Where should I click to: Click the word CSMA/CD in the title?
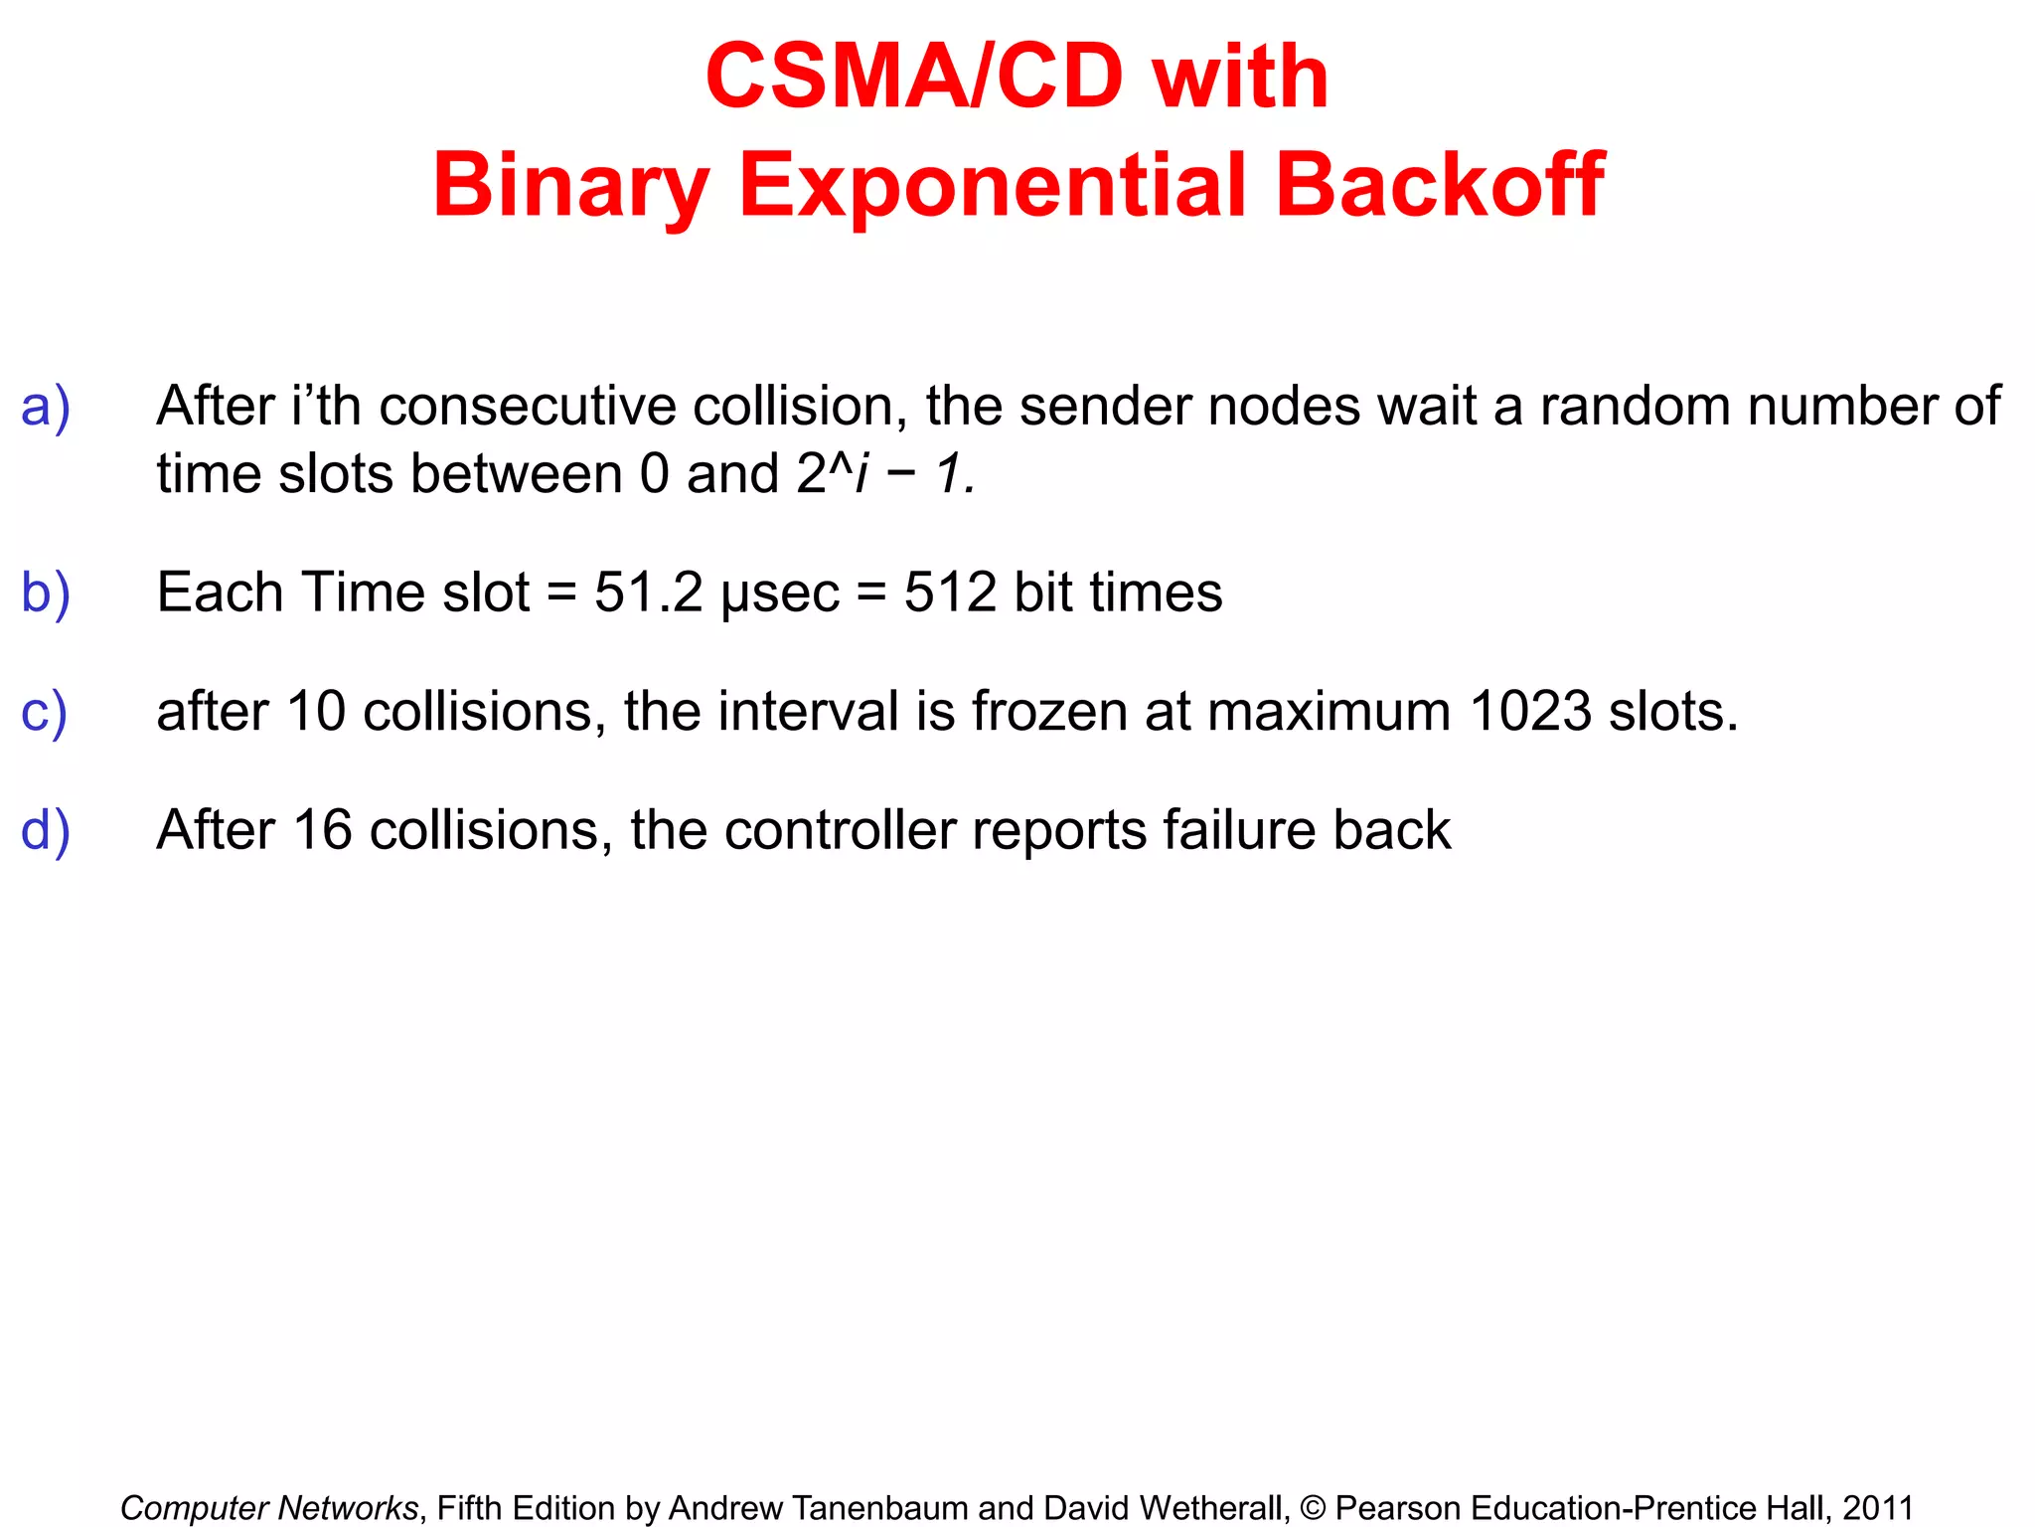(x=913, y=77)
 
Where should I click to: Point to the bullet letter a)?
(x=46, y=408)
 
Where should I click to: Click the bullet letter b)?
(x=46, y=594)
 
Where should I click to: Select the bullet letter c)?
(x=44, y=713)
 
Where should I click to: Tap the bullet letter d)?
(x=46, y=831)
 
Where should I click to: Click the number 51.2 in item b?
(x=649, y=594)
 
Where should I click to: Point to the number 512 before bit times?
(x=949, y=594)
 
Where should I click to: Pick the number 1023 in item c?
(x=1530, y=712)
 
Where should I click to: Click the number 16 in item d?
(x=323, y=830)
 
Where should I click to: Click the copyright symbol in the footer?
(x=1313, y=1508)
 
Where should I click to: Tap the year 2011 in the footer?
(x=1877, y=1508)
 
